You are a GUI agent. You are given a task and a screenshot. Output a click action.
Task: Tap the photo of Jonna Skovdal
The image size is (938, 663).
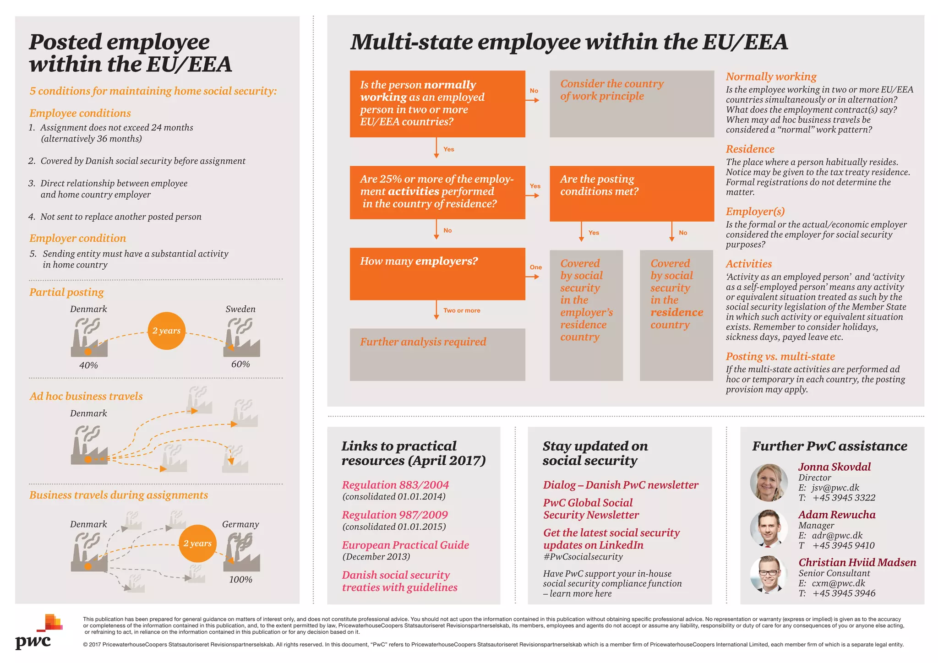click(x=769, y=483)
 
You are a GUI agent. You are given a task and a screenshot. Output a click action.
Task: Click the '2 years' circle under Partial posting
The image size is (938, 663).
click(x=166, y=331)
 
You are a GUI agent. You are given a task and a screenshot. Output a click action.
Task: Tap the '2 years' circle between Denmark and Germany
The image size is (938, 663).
click(x=197, y=543)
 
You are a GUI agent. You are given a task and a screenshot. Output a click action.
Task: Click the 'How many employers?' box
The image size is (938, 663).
click(x=437, y=274)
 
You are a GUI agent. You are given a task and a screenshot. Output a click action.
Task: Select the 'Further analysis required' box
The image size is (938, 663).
click(x=437, y=354)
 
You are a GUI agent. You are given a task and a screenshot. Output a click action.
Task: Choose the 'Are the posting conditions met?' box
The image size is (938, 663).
click(x=631, y=193)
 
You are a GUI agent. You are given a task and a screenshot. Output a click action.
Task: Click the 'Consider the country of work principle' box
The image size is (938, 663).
click(x=631, y=103)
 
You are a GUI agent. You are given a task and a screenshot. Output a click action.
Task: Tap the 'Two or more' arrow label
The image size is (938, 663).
click(x=462, y=310)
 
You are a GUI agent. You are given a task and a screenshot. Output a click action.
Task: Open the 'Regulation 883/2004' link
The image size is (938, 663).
click(x=395, y=485)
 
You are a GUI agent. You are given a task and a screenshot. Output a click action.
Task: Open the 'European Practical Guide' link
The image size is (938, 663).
click(x=405, y=545)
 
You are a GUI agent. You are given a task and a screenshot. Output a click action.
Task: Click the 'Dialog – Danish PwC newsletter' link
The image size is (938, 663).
click(x=621, y=485)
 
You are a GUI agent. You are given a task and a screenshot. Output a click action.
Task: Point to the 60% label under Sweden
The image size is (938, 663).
click(x=240, y=364)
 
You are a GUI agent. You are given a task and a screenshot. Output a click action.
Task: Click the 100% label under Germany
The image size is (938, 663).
click(x=240, y=580)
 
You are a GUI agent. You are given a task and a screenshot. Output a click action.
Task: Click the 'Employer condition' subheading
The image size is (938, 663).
click(x=77, y=238)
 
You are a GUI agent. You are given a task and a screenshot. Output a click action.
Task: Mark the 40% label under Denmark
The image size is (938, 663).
click(x=88, y=365)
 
